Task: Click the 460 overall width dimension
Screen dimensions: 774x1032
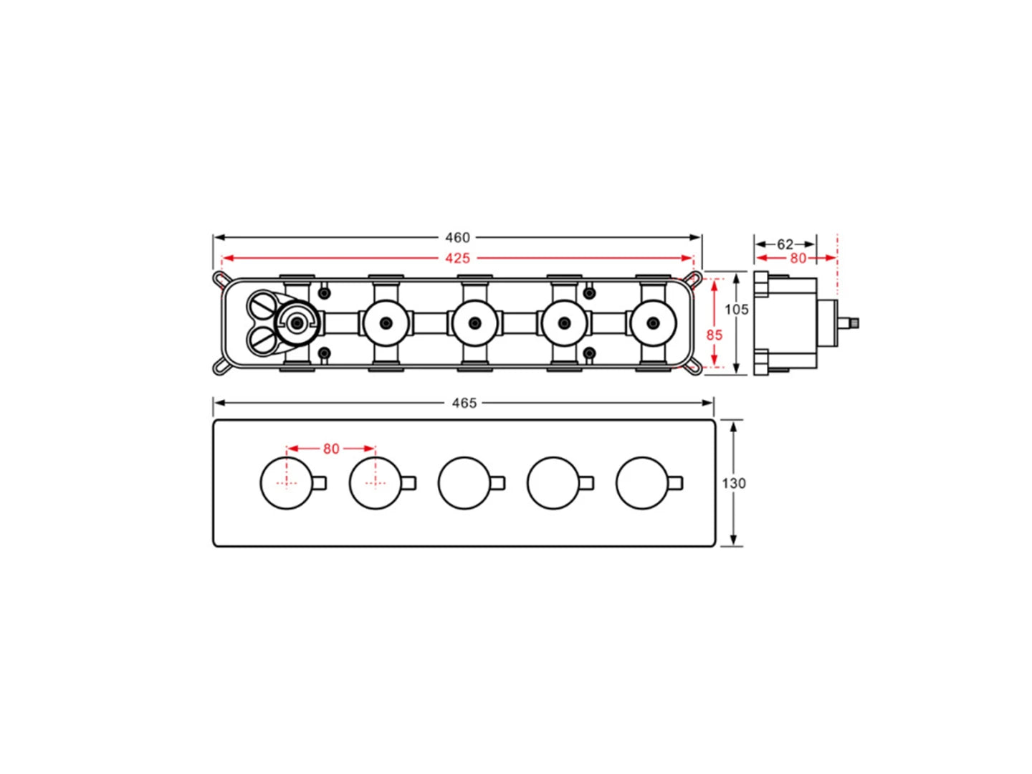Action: [x=457, y=237]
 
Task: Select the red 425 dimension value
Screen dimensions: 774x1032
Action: [x=457, y=258]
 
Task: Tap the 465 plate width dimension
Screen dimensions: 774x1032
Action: [x=464, y=403]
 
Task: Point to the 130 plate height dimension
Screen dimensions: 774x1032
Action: [x=734, y=483]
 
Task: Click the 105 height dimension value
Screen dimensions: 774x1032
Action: [x=737, y=309]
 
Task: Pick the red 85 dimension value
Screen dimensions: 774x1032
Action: [x=715, y=335]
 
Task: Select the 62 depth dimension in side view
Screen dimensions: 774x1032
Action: [x=785, y=244]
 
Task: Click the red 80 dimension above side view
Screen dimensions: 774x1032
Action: [x=798, y=258]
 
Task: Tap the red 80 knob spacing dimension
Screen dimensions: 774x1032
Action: [x=330, y=449]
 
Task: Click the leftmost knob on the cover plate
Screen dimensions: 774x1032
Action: [x=286, y=483]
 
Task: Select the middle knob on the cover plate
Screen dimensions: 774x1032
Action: [x=464, y=483]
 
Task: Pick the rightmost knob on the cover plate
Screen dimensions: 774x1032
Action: [x=642, y=483]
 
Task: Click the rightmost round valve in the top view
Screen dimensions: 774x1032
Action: [x=653, y=323]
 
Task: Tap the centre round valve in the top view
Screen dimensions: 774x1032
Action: [x=474, y=323]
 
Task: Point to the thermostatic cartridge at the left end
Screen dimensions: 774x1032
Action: [x=296, y=323]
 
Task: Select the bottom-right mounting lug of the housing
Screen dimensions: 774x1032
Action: [x=692, y=368]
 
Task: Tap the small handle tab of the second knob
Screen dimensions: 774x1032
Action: [x=408, y=483]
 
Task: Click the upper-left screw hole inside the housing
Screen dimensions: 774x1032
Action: [x=324, y=293]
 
